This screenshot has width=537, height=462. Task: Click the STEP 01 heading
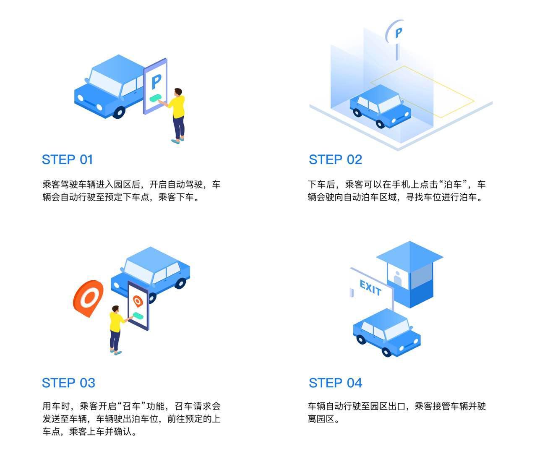67,160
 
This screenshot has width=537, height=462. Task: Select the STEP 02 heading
335,160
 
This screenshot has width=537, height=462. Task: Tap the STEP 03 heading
68,383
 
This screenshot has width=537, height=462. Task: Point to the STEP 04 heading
335,383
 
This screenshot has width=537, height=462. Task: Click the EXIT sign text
370,288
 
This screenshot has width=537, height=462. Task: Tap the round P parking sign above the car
398,32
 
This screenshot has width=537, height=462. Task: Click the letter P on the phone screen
156,81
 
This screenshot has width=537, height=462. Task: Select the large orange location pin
88,298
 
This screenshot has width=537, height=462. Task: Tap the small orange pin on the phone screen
137,300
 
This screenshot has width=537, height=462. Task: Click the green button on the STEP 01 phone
156,99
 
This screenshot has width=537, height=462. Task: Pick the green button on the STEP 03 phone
138,316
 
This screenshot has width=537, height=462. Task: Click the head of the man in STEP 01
178,92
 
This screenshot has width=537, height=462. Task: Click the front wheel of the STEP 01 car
119,112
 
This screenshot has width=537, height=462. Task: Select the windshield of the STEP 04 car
396,329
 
